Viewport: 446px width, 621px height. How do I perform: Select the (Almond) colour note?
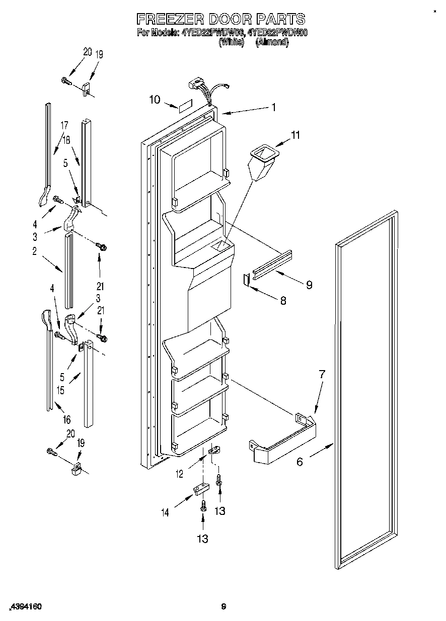[x=272, y=43]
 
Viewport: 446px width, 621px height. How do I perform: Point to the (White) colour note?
[x=232, y=43]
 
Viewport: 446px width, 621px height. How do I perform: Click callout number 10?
[x=155, y=100]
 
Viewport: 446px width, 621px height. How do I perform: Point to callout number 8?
[x=283, y=300]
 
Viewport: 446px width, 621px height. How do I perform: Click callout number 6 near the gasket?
[x=300, y=461]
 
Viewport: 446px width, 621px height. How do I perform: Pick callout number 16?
[x=66, y=420]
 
